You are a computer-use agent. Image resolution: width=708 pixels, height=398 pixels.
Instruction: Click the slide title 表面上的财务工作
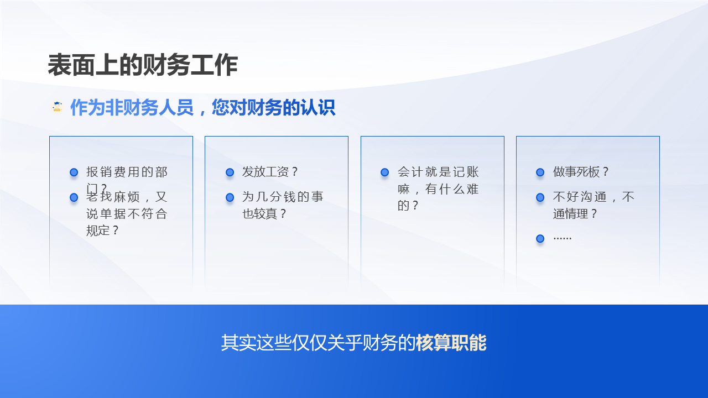pyautogui.click(x=143, y=66)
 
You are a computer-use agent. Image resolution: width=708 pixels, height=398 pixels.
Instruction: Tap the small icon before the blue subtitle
pyautogui.click(x=56, y=107)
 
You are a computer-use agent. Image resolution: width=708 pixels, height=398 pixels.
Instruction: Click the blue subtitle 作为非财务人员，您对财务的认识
pyautogui.click(x=202, y=108)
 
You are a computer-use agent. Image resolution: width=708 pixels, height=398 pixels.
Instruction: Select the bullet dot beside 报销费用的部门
pyautogui.click(x=74, y=172)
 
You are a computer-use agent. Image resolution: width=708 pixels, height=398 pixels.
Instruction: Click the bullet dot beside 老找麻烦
pyautogui.click(x=74, y=197)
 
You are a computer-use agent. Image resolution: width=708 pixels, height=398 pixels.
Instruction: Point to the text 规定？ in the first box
pyautogui.click(x=103, y=231)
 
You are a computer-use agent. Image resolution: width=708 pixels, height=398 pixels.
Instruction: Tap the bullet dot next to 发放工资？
pyautogui.click(x=230, y=172)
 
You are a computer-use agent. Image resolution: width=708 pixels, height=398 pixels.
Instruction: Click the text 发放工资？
pyautogui.click(x=270, y=172)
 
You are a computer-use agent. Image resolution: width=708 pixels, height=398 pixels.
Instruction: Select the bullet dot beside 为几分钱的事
pyautogui.click(x=230, y=197)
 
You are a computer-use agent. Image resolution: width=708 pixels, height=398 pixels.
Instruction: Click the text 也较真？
pyautogui.click(x=265, y=213)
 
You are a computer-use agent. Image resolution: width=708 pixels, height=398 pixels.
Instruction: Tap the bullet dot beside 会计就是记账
pyautogui.click(x=385, y=172)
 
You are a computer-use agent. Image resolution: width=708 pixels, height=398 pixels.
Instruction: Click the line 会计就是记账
pyautogui.click(x=438, y=172)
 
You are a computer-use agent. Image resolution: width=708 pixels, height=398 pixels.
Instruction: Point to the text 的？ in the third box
pyautogui.click(x=408, y=206)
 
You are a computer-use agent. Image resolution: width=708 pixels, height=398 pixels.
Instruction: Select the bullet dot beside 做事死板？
pyautogui.click(x=540, y=172)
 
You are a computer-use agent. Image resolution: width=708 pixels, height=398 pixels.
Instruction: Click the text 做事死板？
pyautogui.click(x=581, y=172)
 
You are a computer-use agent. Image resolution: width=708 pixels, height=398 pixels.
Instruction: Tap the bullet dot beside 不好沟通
pyautogui.click(x=540, y=197)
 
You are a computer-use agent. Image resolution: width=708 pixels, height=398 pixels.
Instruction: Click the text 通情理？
pyautogui.click(x=575, y=213)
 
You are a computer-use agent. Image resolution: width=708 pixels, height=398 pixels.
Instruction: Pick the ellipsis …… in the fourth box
pyautogui.click(x=563, y=238)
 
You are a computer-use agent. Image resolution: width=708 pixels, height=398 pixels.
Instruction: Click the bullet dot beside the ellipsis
pyautogui.click(x=540, y=239)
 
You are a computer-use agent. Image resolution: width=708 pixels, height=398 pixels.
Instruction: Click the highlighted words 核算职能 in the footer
pyautogui.click(x=451, y=343)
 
